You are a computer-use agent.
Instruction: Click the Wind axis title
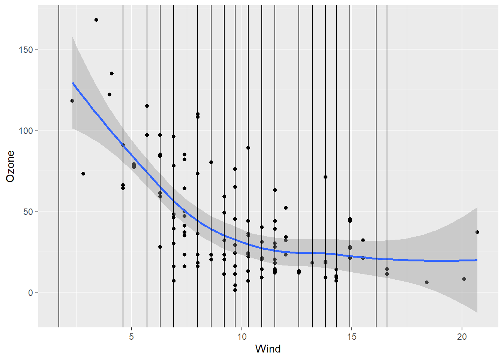pyautogui.click(x=268, y=349)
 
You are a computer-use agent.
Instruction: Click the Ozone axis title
pyautogui.click(x=10, y=166)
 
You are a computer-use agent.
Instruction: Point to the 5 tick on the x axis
pyautogui.click(x=132, y=336)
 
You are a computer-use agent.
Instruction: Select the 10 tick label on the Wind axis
pyautogui.click(x=242, y=336)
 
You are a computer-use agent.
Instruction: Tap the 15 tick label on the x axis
pyautogui.click(x=352, y=336)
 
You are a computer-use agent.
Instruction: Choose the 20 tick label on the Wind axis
pyautogui.click(x=462, y=336)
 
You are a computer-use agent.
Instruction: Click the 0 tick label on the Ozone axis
pyautogui.click(x=31, y=292)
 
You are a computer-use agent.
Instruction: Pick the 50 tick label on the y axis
pyautogui.click(x=28, y=211)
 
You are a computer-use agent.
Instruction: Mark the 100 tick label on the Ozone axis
pyautogui.click(x=26, y=130)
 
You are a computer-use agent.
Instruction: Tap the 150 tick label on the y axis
pyautogui.click(x=26, y=49)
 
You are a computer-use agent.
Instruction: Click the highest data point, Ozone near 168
pyautogui.click(x=96, y=20)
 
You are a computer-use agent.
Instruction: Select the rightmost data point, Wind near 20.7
pyautogui.click(x=477, y=232)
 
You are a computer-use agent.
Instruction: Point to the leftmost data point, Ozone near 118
pyautogui.click(x=72, y=101)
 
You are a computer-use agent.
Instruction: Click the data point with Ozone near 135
pyautogui.click(x=112, y=73)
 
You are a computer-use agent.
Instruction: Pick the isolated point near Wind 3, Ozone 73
pyautogui.click(x=83, y=174)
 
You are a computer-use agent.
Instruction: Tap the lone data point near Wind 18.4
pyautogui.click(x=427, y=282)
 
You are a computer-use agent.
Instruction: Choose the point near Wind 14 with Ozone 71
pyautogui.click(x=325, y=177)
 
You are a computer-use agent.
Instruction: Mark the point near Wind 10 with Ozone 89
pyautogui.click(x=248, y=148)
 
